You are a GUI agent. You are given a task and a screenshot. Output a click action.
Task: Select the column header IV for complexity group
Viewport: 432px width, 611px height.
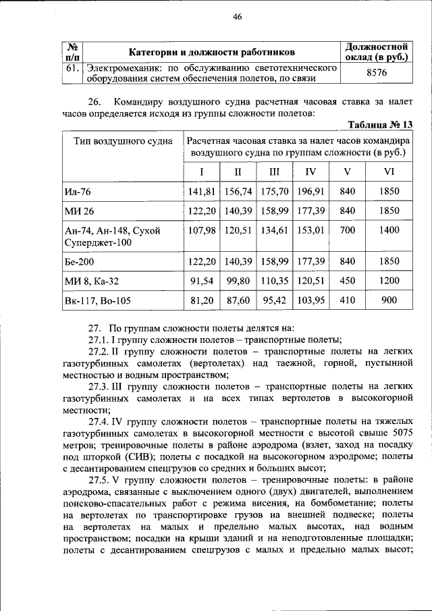point(310,171)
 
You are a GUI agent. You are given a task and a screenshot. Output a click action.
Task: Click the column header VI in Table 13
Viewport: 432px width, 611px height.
point(388,171)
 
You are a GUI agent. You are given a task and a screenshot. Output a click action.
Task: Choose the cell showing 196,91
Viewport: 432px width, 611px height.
point(310,192)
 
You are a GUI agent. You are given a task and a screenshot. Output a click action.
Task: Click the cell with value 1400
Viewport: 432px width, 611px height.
point(388,230)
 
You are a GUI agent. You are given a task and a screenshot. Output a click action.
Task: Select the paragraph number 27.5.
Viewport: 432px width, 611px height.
point(99,480)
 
